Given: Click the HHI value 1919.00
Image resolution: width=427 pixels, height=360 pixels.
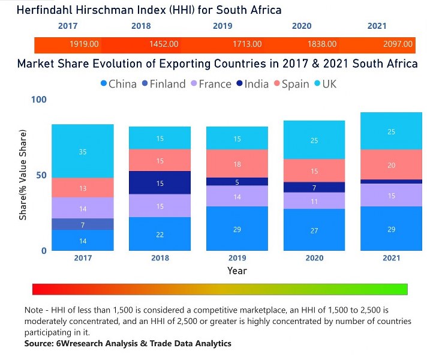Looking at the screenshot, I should pyautogui.click(x=84, y=44).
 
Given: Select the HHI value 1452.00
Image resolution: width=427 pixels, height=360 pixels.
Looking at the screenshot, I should pyautogui.click(x=163, y=44).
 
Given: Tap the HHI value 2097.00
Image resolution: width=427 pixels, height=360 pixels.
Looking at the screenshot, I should pyautogui.click(x=398, y=44).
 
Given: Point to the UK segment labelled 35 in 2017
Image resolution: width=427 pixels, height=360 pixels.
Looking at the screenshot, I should pyautogui.click(x=83, y=151).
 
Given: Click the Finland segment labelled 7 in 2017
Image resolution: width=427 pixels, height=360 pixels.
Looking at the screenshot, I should pyautogui.click(x=83, y=224).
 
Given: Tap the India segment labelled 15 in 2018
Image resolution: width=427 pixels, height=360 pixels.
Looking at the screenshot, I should pyautogui.click(x=160, y=183).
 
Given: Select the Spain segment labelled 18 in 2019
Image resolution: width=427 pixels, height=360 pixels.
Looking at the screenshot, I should pyautogui.click(x=237, y=164).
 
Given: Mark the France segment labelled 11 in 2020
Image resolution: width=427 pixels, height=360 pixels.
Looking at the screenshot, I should pyautogui.click(x=315, y=201).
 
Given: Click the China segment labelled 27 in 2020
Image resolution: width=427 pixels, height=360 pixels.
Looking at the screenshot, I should pyautogui.click(x=315, y=230).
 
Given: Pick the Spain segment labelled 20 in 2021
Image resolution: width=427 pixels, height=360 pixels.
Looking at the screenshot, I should pyautogui.click(x=391, y=165).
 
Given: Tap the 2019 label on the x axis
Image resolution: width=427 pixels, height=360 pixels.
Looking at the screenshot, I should pyautogui.click(x=237, y=258).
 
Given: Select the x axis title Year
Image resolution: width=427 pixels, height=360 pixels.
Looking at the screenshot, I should pyautogui.click(x=237, y=271).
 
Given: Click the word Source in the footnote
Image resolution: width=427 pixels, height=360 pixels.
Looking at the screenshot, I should pyautogui.click(x=38, y=343).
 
